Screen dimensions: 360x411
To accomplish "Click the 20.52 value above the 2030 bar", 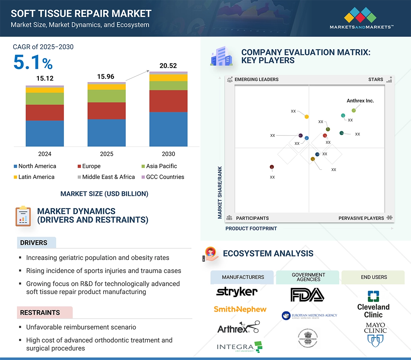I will (168, 66).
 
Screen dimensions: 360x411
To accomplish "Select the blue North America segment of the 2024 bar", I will (45, 133).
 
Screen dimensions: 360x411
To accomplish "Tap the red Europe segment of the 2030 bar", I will (168, 101).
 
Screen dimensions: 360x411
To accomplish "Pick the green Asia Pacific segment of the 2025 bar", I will (106, 96).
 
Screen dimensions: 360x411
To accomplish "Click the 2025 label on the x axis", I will (106, 154).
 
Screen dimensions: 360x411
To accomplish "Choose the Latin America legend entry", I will (34, 177).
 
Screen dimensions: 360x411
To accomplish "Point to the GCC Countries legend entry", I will (162, 177).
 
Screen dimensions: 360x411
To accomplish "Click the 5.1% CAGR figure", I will (33, 63).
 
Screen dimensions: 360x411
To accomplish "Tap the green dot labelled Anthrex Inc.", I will (354, 111).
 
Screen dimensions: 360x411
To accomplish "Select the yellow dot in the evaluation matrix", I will (307, 116).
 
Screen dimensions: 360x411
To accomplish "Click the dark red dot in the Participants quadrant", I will (272, 167).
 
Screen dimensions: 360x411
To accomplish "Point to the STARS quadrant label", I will (376, 79).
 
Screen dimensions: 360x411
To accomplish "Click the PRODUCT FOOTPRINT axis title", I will (251, 228).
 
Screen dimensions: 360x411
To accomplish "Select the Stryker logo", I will (237, 292).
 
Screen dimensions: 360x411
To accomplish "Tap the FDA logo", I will (307, 295).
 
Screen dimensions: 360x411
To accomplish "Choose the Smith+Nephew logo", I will (240, 309).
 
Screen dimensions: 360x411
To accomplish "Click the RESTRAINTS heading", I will (40, 313).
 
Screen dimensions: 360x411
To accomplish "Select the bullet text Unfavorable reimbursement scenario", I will (81, 327).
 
